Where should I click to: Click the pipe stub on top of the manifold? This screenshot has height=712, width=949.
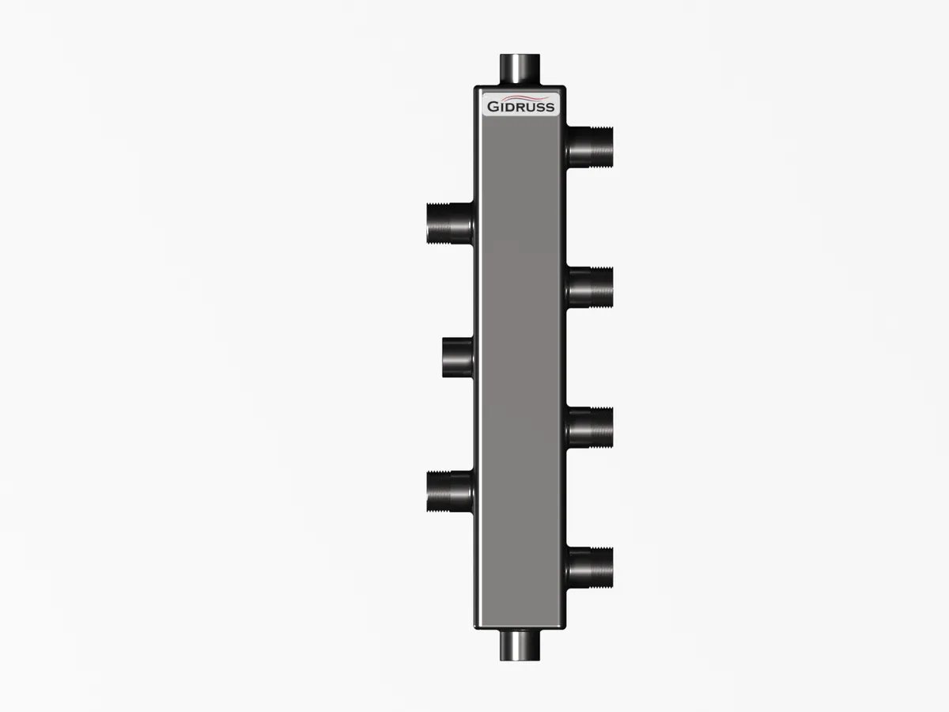[x=520, y=70]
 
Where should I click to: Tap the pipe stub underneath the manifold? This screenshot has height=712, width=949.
[x=520, y=645]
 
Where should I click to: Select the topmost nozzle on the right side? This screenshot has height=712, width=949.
[x=590, y=147]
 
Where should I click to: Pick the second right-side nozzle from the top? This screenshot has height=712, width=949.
[x=590, y=287]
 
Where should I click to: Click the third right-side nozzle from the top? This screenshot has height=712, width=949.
[x=590, y=427]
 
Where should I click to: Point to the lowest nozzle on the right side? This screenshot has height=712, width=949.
[x=590, y=567]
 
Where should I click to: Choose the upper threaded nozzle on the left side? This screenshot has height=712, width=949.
[x=450, y=223]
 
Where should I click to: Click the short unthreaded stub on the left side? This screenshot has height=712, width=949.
[x=458, y=358]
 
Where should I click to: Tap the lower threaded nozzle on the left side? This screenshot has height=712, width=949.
[x=450, y=491]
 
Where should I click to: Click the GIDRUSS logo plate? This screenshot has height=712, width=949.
[x=520, y=104]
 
